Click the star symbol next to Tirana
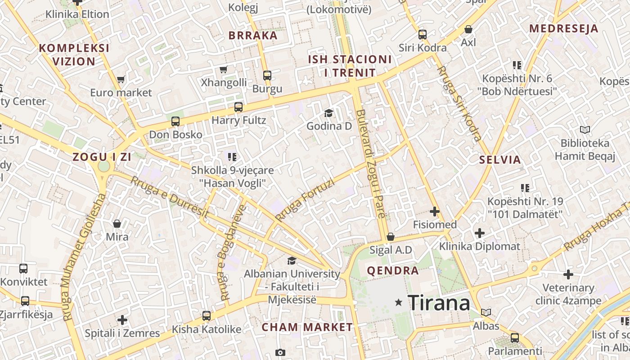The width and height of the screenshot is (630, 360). pyautogui.click(x=398, y=302)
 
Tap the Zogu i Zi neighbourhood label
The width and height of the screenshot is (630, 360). pyautogui.click(x=102, y=157)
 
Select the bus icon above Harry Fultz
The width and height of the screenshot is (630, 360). pyautogui.click(x=238, y=107)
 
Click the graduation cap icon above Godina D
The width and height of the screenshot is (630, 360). pyautogui.click(x=329, y=113)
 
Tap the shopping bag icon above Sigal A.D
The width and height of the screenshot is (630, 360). pyautogui.click(x=391, y=237)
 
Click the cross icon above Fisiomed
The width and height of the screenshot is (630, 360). pyautogui.click(x=435, y=211)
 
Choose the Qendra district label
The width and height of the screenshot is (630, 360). pyautogui.click(x=393, y=270)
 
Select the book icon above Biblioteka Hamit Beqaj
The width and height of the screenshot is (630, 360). pyautogui.click(x=585, y=130)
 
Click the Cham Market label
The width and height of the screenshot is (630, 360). pyautogui.click(x=307, y=327)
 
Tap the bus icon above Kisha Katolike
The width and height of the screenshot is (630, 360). pyautogui.click(x=207, y=316)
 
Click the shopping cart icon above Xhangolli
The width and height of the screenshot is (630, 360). pyautogui.click(x=224, y=69)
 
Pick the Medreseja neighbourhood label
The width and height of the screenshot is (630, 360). pyautogui.click(x=563, y=29)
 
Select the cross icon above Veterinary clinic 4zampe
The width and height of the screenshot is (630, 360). pyautogui.click(x=568, y=274)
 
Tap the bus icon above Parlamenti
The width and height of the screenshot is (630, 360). pyautogui.click(x=515, y=337)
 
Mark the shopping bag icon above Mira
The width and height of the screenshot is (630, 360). pyautogui.click(x=117, y=223)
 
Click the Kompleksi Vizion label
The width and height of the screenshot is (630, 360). pyautogui.click(x=74, y=54)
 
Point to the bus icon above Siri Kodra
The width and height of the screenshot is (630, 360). pyautogui.click(x=423, y=34)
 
